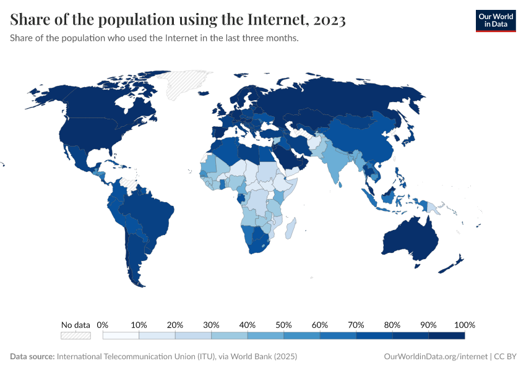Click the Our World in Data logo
coord(495,20)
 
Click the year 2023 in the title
coord(329,20)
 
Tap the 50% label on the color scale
coord(283,325)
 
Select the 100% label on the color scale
coord(464,325)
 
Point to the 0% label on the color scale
coord(103,325)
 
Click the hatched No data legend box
coord(75,335)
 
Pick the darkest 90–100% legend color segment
coord(446,335)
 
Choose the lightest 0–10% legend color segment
coord(121,335)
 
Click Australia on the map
coord(412,237)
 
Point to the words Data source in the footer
coord(32,357)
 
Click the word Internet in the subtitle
coord(181,38)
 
